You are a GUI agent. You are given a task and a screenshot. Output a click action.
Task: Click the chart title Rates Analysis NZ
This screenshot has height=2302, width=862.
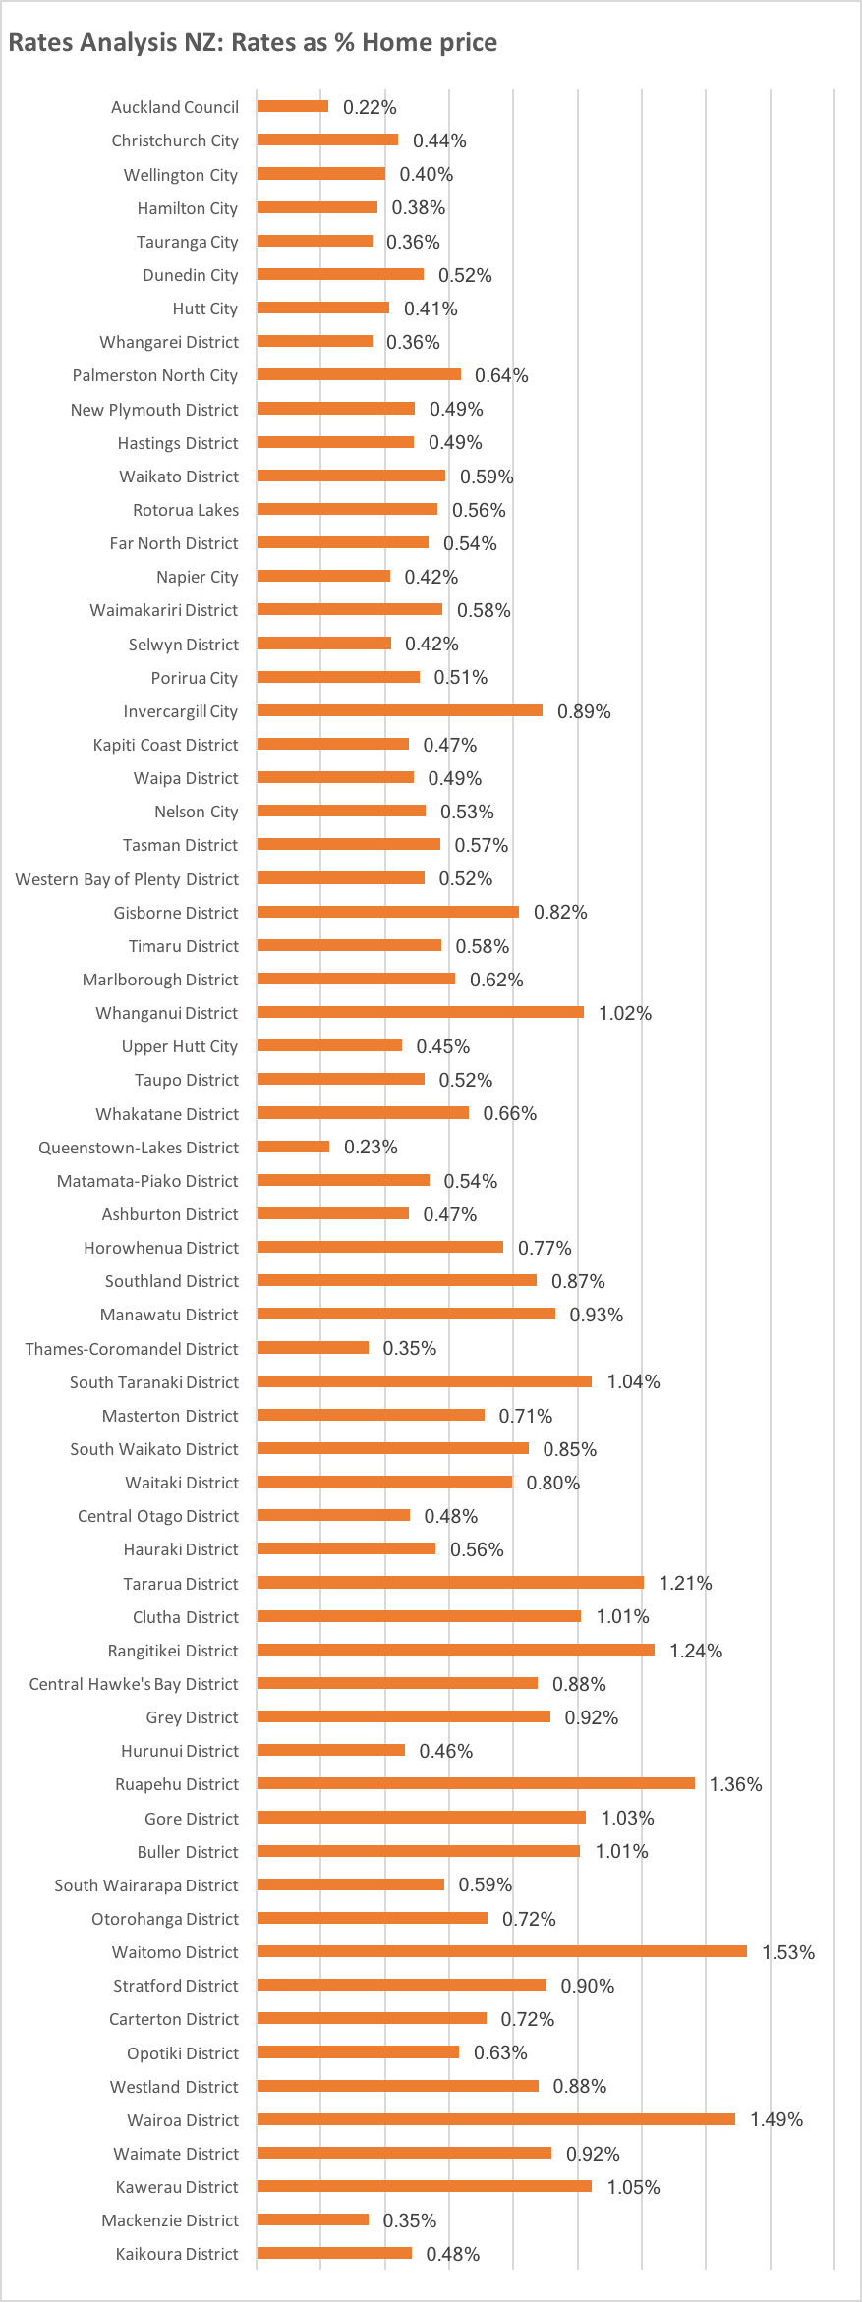click(253, 42)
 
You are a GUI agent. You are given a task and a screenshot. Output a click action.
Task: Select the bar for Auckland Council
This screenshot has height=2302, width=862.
click(293, 106)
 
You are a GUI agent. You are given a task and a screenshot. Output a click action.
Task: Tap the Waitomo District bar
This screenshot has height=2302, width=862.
click(501, 1951)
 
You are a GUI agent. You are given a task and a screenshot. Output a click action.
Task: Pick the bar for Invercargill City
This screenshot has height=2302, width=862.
click(399, 710)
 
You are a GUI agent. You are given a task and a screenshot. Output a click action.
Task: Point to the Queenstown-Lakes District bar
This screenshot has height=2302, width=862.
click(293, 1147)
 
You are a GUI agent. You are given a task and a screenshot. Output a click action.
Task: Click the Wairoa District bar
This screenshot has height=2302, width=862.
click(495, 2119)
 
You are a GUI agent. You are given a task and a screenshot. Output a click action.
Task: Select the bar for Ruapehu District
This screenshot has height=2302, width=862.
click(476, 1783)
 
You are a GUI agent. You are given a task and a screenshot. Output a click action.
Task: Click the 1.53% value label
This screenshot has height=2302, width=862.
click(788, 1952)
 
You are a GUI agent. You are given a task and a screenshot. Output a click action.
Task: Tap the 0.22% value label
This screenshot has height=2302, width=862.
click(370, 107)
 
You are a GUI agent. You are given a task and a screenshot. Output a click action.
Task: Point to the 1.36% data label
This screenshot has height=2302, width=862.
click(735, 1784)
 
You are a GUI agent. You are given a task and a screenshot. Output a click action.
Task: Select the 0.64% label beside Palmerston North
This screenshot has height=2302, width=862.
click(501, 375)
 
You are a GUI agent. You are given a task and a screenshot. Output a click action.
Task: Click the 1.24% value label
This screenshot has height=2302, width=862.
click(696, 1651)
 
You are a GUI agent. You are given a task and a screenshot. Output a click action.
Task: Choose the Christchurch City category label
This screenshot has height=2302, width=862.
click(175, 140)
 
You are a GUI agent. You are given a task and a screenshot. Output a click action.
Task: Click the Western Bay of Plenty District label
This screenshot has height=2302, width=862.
click(127, 879)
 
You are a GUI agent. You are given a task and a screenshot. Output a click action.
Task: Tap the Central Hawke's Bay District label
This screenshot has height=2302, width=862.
click(134, 1684)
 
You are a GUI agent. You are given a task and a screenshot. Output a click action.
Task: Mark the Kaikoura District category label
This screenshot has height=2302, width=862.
click(177, 2254)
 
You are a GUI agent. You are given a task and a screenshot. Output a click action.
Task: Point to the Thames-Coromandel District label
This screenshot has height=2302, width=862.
click(132, 1349)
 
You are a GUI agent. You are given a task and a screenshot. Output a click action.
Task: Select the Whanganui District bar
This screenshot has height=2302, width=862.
click(420, 1012)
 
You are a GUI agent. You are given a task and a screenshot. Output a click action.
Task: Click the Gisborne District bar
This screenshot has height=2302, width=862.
click(387, 912)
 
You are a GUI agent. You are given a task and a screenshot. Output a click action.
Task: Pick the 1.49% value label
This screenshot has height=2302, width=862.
click(776, 2119)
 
